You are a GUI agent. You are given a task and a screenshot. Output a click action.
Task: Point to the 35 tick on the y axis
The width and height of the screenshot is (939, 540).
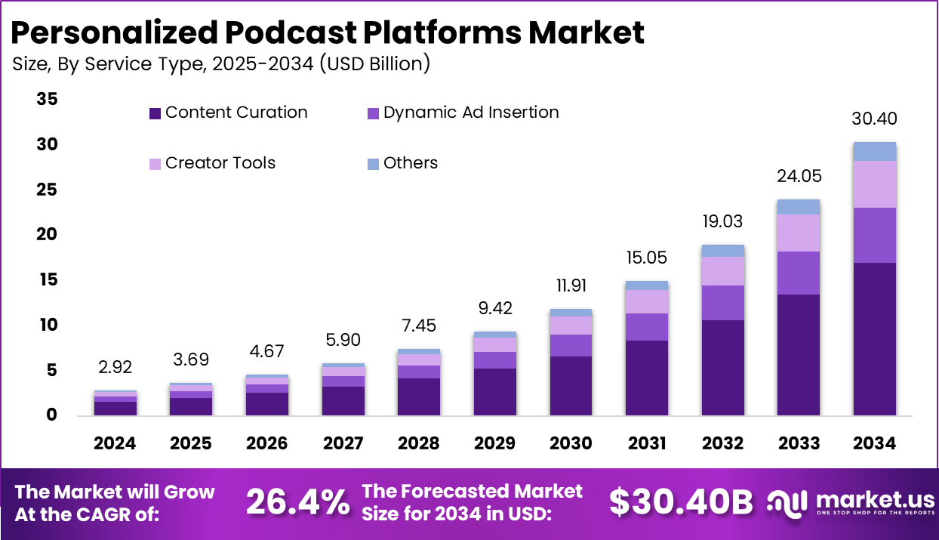pyautogui.click(x=47, y=99)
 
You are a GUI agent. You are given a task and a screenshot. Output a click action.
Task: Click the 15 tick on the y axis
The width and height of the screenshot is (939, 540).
pyautogui.click(x=47, y=280)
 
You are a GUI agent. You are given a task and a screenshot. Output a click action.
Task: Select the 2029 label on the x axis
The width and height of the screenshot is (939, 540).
pyautogui.click(x=494, y=443)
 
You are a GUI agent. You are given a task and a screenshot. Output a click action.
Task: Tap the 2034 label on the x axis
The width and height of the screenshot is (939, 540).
pyautogui.click(x=874, y=443)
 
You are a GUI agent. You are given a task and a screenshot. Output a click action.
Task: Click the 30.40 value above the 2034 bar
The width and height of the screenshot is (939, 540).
pyautogui.click(x=874, y=119)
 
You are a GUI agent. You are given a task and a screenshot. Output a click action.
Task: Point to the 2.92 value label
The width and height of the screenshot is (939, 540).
pyautogui.click(x=115, y=368)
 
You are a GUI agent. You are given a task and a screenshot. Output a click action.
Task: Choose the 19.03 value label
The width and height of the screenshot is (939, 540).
pyautogui.click(x=722, y=222)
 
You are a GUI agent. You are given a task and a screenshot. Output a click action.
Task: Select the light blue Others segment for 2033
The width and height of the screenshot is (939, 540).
pyautogui.click(x=799, y=206)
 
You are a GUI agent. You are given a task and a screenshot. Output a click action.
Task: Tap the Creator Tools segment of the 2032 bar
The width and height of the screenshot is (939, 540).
pyautogui.click(x=722, y=270)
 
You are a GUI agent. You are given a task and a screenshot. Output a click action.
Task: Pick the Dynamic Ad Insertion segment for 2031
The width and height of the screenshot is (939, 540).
pyautogui.click(x=647, y=326)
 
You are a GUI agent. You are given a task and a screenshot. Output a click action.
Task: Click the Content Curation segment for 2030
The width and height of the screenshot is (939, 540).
pyautogui.click(x=571, y=385)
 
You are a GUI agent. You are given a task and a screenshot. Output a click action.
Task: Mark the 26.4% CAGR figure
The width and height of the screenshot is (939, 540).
pyautogui.click(x=297, y=501)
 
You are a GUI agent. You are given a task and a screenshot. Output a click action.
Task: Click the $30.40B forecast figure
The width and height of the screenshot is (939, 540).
pyautogui.click(x=680, y=501)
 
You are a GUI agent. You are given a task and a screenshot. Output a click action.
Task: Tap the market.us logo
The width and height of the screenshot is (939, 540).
pyautogui.click(x=849, y=501)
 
